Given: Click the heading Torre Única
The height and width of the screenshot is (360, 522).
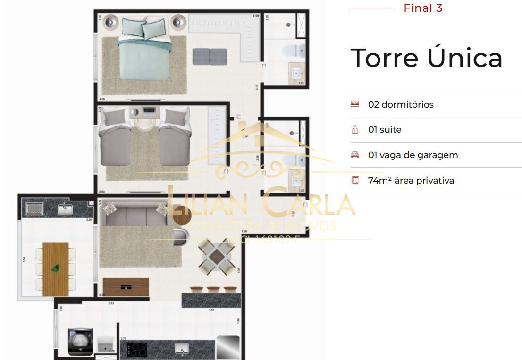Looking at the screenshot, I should [426, 58].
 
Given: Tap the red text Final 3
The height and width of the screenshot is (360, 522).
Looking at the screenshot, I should [423, 8].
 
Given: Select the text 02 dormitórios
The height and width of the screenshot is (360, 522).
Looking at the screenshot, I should [401, 104].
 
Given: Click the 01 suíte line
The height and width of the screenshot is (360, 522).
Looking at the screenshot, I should [385, 130].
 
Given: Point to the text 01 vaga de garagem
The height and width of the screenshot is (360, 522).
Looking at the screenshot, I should [413, 155].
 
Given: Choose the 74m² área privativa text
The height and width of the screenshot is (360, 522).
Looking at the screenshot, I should [411, 180].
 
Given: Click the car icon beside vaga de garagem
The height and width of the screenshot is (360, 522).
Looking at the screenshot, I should [355, 155].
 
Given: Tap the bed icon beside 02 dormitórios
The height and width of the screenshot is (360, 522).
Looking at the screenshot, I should [355, 104].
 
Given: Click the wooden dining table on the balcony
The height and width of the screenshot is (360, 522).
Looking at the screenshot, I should [56, 269].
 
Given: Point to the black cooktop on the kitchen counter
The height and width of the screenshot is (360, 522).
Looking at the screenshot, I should [137, 350].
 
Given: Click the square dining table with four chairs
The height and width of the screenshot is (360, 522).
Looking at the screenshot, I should [216, 257].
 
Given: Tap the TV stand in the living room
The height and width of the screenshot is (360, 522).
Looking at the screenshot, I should [126, 286].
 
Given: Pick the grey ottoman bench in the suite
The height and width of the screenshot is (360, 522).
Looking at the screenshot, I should [210, 57].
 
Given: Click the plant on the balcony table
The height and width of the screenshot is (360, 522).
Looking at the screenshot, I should [56, 268].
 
